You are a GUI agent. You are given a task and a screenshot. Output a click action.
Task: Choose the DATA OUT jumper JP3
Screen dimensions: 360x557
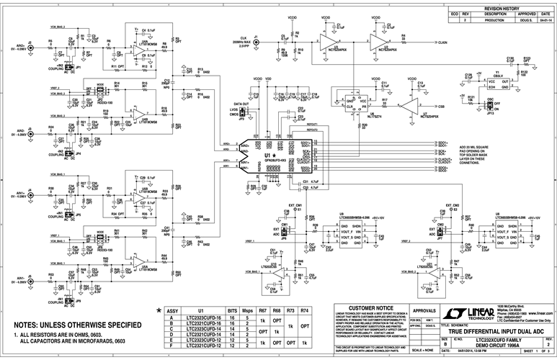243,113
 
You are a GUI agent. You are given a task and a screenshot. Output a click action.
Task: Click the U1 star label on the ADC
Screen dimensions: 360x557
269,156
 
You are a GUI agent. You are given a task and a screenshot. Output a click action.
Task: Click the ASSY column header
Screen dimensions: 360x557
172,310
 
